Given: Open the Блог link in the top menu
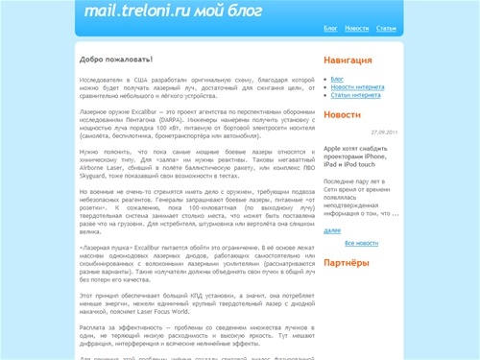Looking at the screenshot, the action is (330, 29).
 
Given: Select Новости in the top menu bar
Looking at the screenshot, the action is (356, 29).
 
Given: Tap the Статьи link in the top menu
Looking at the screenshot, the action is (387, 29).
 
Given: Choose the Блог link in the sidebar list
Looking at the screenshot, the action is (337, 78).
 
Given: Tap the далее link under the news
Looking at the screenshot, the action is (332, 231).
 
